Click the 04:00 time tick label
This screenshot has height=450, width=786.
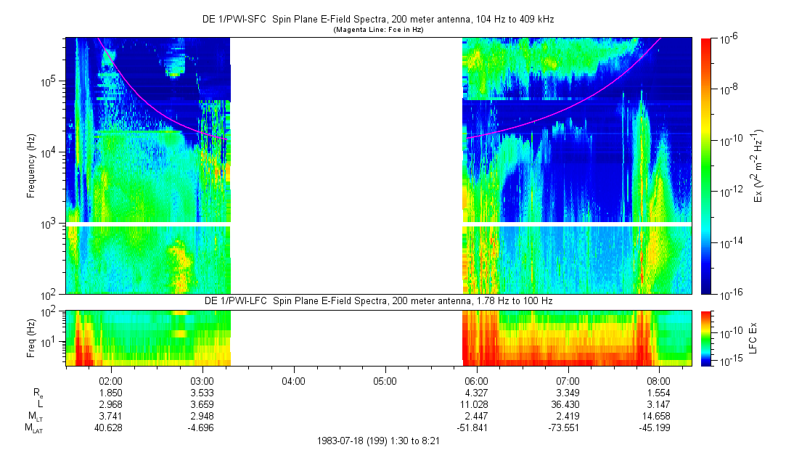293,380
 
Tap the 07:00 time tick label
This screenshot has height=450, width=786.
568,380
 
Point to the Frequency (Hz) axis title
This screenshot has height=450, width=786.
31,166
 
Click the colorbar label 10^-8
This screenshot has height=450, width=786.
729,89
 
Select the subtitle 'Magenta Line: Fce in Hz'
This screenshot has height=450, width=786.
378,30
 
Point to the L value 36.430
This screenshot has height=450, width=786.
568,404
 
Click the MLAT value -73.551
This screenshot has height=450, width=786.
568,428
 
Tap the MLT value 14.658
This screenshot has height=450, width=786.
658,417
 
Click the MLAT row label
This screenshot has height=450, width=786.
33,429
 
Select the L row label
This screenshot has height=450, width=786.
37,404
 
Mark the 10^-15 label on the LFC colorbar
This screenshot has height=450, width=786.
729,361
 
